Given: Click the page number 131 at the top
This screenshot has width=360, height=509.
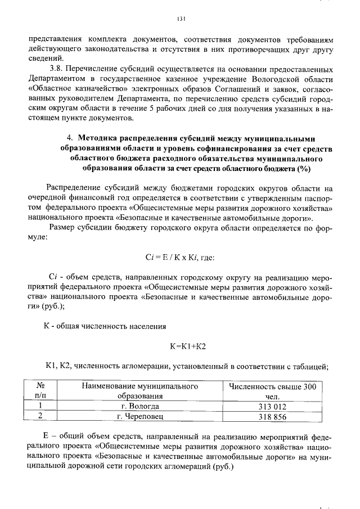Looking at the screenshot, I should click(x=181, y=19).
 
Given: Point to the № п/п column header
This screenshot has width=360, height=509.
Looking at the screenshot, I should click(x=40, y=391).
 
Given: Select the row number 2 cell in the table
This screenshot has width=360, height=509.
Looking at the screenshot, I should click(x=40, y=417).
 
